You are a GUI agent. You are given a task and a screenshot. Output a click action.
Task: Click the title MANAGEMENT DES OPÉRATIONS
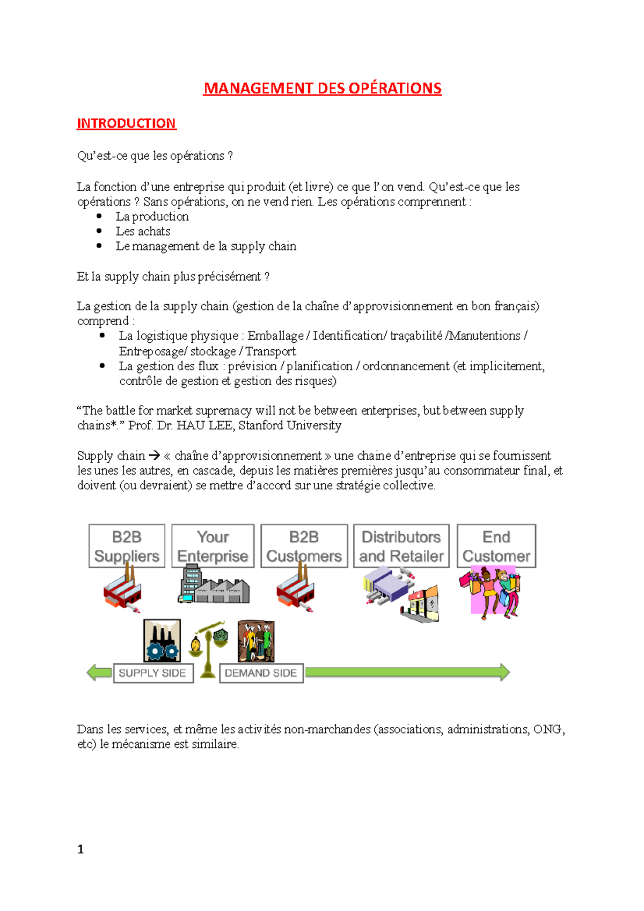322,88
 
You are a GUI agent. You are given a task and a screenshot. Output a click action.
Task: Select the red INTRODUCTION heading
126,123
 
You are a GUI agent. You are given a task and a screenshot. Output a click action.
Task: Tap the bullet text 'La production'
152,217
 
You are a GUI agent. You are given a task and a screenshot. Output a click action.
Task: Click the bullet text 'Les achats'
143,231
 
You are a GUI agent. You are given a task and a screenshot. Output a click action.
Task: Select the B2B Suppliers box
127,546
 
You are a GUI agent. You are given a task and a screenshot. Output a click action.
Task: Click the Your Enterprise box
213,546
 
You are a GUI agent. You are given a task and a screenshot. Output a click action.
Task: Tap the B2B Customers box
304,546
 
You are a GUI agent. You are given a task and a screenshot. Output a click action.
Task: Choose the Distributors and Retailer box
401,546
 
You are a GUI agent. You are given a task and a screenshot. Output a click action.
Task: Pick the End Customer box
496,546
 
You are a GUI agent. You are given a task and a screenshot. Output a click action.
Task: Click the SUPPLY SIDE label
152,673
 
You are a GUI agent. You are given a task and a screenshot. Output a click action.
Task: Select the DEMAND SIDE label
261,673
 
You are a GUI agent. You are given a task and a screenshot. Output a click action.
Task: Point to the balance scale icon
208,648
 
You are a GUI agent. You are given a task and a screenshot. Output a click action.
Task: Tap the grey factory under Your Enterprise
214,586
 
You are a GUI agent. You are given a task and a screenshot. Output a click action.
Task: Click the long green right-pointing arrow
407,672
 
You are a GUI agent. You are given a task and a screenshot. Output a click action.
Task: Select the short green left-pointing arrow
99,672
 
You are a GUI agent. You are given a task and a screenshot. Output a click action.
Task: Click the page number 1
80,849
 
